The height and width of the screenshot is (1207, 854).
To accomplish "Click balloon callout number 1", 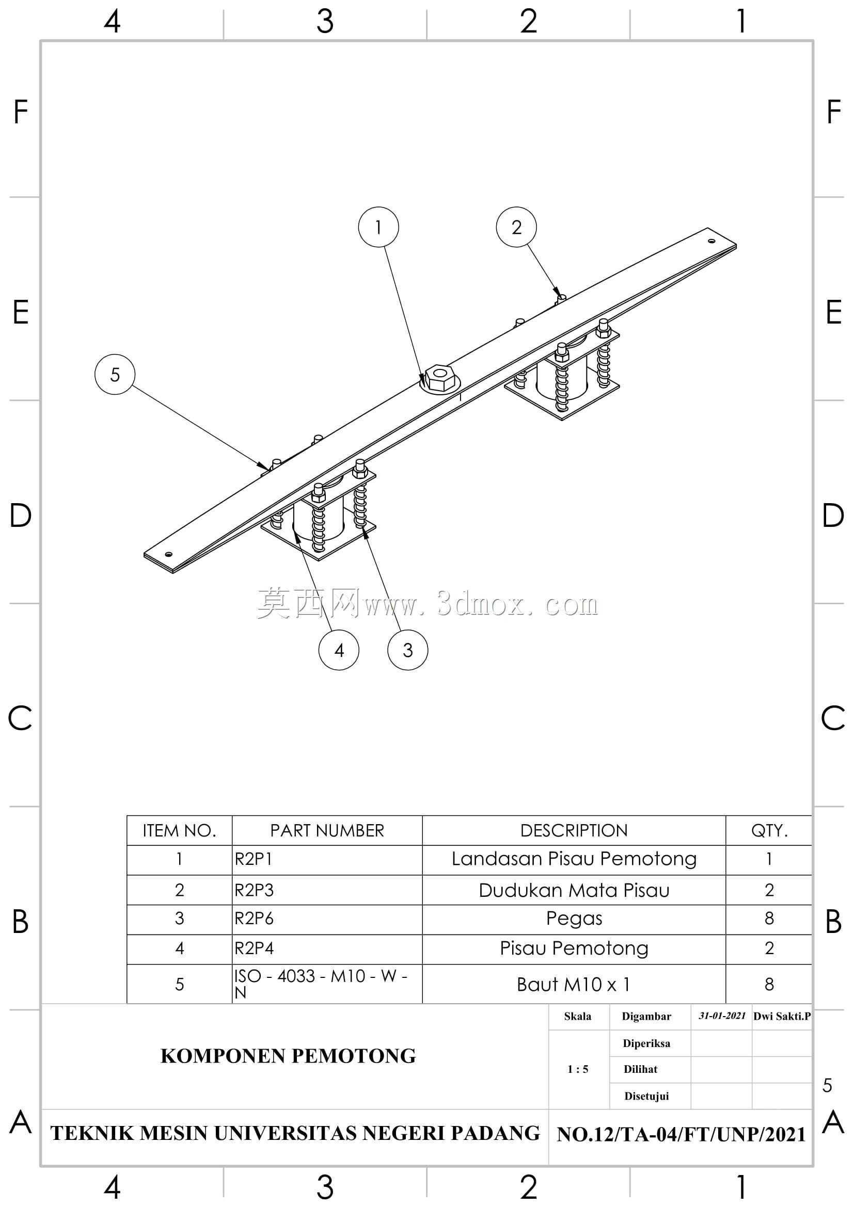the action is click(x=378, y=227).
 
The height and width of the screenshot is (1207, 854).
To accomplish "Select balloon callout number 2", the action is click(x=516, y=227).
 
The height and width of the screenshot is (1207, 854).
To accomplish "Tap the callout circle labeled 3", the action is click(x=407, y=650).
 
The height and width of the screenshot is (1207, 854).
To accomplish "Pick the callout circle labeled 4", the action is click(x=339, y=650).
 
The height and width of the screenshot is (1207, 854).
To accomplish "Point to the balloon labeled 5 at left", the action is click(x=115, y=374).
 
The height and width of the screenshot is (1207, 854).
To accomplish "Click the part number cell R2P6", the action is click(x=254, y=918).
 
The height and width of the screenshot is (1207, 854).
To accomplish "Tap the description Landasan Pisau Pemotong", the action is click(x=574, y=859).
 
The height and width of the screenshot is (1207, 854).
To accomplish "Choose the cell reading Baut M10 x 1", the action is click(x=573, y=984).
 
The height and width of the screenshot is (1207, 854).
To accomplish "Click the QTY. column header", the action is click(x=769, y=831).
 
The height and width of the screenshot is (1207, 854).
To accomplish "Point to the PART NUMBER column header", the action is click(x=327, y=831).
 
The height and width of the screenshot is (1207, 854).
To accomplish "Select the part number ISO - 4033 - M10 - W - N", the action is click(x=321, y=984).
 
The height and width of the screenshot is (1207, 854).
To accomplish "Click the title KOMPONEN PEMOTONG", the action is click(x=288, y=1056).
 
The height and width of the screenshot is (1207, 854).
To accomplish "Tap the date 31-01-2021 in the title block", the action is click(x=722, y=1016).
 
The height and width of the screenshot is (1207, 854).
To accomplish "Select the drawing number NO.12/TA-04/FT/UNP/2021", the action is click(x=681, y=1134).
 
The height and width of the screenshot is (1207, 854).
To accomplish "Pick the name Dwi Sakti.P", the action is click(x=782, y=1016).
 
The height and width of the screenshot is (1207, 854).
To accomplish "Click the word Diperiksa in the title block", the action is click(x=646, y=1043).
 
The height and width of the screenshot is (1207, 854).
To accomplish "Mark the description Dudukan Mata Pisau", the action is click(x=574, y=890).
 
